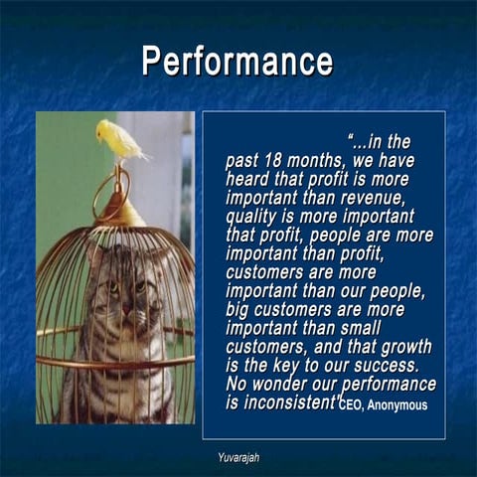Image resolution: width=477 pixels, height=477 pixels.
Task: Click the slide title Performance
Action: pos(238,61)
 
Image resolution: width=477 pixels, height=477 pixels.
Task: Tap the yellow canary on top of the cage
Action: pos(118,140)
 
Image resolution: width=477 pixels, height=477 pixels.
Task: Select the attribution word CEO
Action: pos(353,406)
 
